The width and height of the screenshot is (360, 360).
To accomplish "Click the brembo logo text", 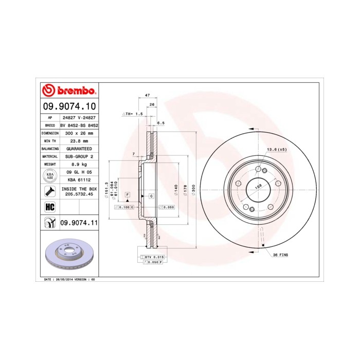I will [x=69, y=91].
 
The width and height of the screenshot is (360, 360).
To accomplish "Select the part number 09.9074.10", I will [x=69, y=106].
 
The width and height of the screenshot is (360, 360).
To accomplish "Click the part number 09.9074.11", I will [x=79, y=222].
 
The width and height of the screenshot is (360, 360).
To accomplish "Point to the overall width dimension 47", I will [x=147, y=96].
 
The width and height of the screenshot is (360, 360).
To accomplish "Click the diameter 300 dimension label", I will [x=193, y=189].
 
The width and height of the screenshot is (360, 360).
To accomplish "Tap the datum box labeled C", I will [x=152, y=196].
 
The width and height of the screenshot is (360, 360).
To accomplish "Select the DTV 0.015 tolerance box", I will [x=154, y=256].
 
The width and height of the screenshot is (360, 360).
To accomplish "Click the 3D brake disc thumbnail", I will [x=67, y=256].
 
